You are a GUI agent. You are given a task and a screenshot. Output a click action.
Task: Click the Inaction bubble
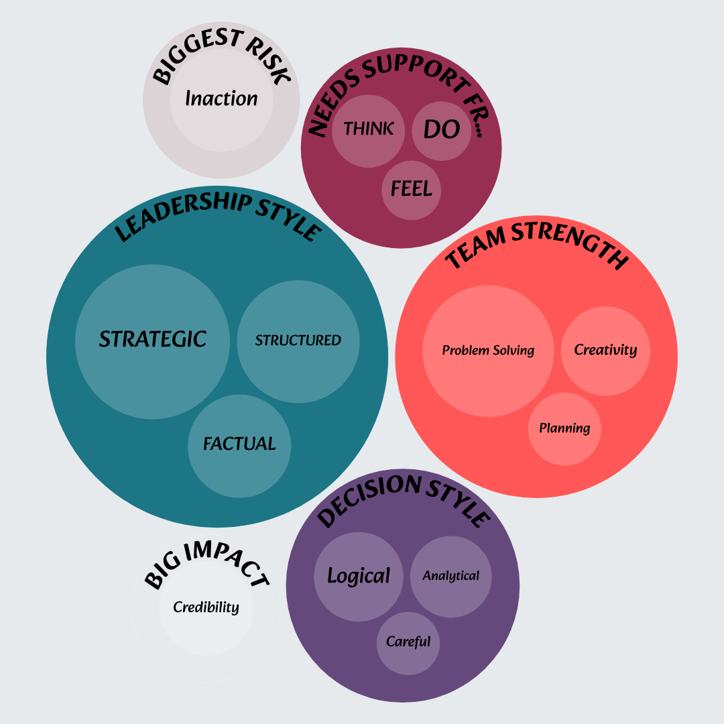221,99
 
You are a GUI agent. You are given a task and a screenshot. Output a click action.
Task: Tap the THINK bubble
369,129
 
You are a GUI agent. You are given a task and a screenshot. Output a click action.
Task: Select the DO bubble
442,129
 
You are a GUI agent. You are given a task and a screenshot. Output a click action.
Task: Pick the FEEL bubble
412,190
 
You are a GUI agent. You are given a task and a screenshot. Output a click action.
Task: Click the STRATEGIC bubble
153,340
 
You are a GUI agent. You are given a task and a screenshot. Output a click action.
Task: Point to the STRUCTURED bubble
298,341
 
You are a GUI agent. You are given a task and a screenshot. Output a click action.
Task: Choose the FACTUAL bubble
239,444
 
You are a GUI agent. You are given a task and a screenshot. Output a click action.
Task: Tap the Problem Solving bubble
488,351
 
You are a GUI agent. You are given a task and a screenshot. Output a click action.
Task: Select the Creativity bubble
605,350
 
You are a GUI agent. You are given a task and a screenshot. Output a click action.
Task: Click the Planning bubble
564,428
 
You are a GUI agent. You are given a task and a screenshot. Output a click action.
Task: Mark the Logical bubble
359,577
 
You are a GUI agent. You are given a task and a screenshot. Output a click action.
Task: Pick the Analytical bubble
450,576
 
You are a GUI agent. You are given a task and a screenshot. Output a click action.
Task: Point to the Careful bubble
408,642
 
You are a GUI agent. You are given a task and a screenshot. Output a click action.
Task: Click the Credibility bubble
206,607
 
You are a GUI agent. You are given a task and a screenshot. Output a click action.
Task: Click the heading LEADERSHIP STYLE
218,216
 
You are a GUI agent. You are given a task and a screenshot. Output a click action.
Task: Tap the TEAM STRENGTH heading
536,243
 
